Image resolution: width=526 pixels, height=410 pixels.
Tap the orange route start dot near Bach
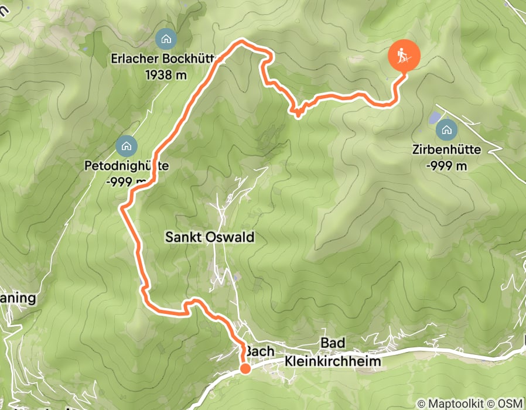point(245,368)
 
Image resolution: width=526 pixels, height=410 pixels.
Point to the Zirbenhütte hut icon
point(447,129)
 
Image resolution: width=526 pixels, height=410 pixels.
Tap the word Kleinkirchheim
point(333,361)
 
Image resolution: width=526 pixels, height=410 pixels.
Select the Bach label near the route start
point(259,350)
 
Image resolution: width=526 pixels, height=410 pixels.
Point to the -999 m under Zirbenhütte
point(447,165)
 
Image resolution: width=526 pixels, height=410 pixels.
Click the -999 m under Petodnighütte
point(126,182)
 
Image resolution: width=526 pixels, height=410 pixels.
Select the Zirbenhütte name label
point(447,150)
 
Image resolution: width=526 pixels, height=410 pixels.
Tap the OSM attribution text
point(510,404)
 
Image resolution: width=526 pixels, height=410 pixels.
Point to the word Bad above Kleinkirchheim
point(332,343)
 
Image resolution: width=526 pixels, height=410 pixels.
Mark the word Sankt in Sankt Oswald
point(182,237)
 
